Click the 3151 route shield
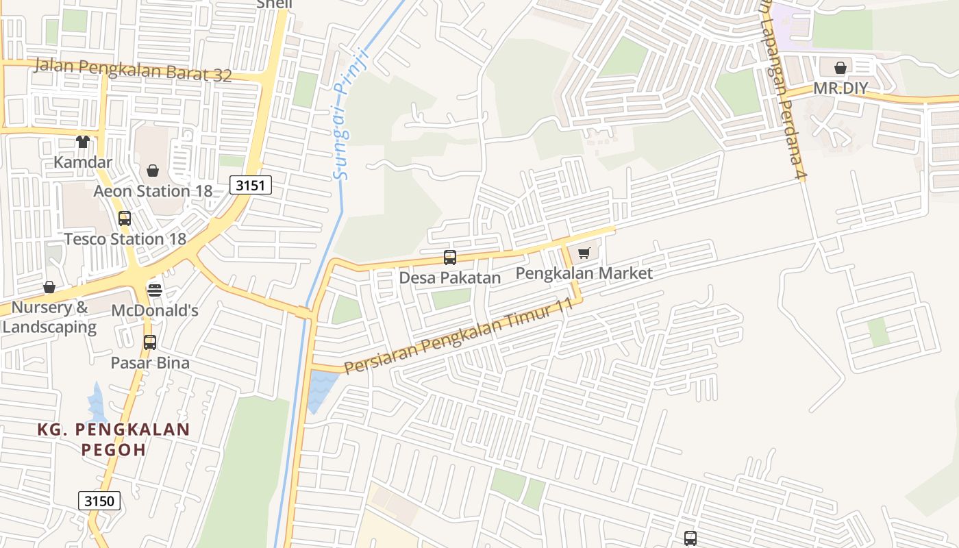click(x=251, y=185)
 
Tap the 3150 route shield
click(x=99, y=501)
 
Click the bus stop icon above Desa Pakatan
click(x=450, y=258)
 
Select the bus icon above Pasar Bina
click(x=150, y=342)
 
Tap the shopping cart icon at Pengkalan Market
click(x=584, y=253)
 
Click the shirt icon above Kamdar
click(x=83, y=142)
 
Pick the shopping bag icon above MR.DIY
click(x=840, y=68)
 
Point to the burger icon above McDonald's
click(x=155, y=290)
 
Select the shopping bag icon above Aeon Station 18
click(x=153, y=171)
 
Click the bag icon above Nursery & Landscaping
click(x=49, y=287)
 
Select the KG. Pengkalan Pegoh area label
click(x=113, y=439)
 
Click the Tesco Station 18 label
click(x=125, y=239)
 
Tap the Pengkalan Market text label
click(x=584, y=273)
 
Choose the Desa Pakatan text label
click(x=450, y=278)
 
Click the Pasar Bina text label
click(x=150, y=362)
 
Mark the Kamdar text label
click(x=83, y=162)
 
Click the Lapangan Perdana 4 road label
click(x=784, y=96)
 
